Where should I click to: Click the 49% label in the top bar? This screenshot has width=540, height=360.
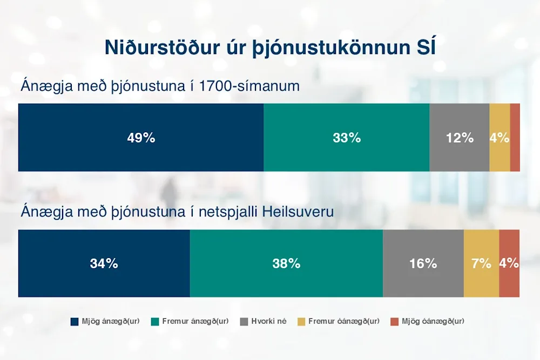click(x=141, y=138)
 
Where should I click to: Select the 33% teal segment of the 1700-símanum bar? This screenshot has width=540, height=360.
click(x=347, y=137)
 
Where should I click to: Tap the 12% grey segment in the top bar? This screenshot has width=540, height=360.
click(x=460, y=137)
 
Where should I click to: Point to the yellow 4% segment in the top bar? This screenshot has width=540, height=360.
click(x=500, y=137)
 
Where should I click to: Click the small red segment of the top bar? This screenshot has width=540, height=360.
click(x=515, y=137)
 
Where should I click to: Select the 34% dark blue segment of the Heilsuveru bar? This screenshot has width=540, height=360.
click(x=104, y=263)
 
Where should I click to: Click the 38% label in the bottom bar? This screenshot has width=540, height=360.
click(x=286, y=263)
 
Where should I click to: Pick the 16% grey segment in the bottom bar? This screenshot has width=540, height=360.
click(x=423, y=263)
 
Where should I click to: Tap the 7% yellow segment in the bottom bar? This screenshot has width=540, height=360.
click(x=482, y=263)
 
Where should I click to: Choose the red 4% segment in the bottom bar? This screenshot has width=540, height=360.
click(x=509, y=263)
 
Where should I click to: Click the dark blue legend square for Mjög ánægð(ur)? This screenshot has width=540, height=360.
click(x=75, y=322)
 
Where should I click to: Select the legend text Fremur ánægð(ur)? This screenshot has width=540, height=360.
click(x=195, y=321)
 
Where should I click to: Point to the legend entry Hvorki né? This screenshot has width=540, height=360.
click(x=264, y=321)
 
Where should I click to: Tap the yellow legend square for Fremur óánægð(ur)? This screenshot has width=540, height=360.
click(x=301, y=322)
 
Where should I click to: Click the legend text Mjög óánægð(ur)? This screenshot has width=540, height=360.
click(x=433, y=321)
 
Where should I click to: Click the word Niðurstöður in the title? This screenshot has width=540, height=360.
click(x=162, y=47)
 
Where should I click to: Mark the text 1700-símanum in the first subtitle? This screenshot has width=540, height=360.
click(x=249, y=86)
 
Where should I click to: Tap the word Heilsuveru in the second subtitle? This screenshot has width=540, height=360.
click(x=298, y=212)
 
